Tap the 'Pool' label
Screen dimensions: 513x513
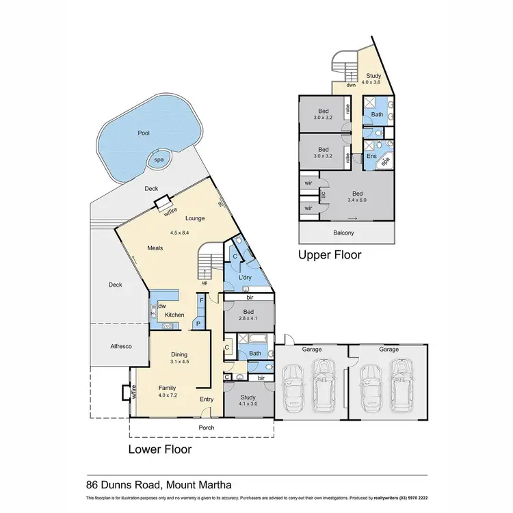click(143, 133)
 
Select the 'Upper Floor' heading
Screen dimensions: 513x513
click(329, 254)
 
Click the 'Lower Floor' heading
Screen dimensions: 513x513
click(160, 449)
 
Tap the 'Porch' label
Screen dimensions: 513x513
click(206, 428)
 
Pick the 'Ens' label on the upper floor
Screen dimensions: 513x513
click(371, 157)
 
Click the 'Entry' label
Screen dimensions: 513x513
click(207, 399)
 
